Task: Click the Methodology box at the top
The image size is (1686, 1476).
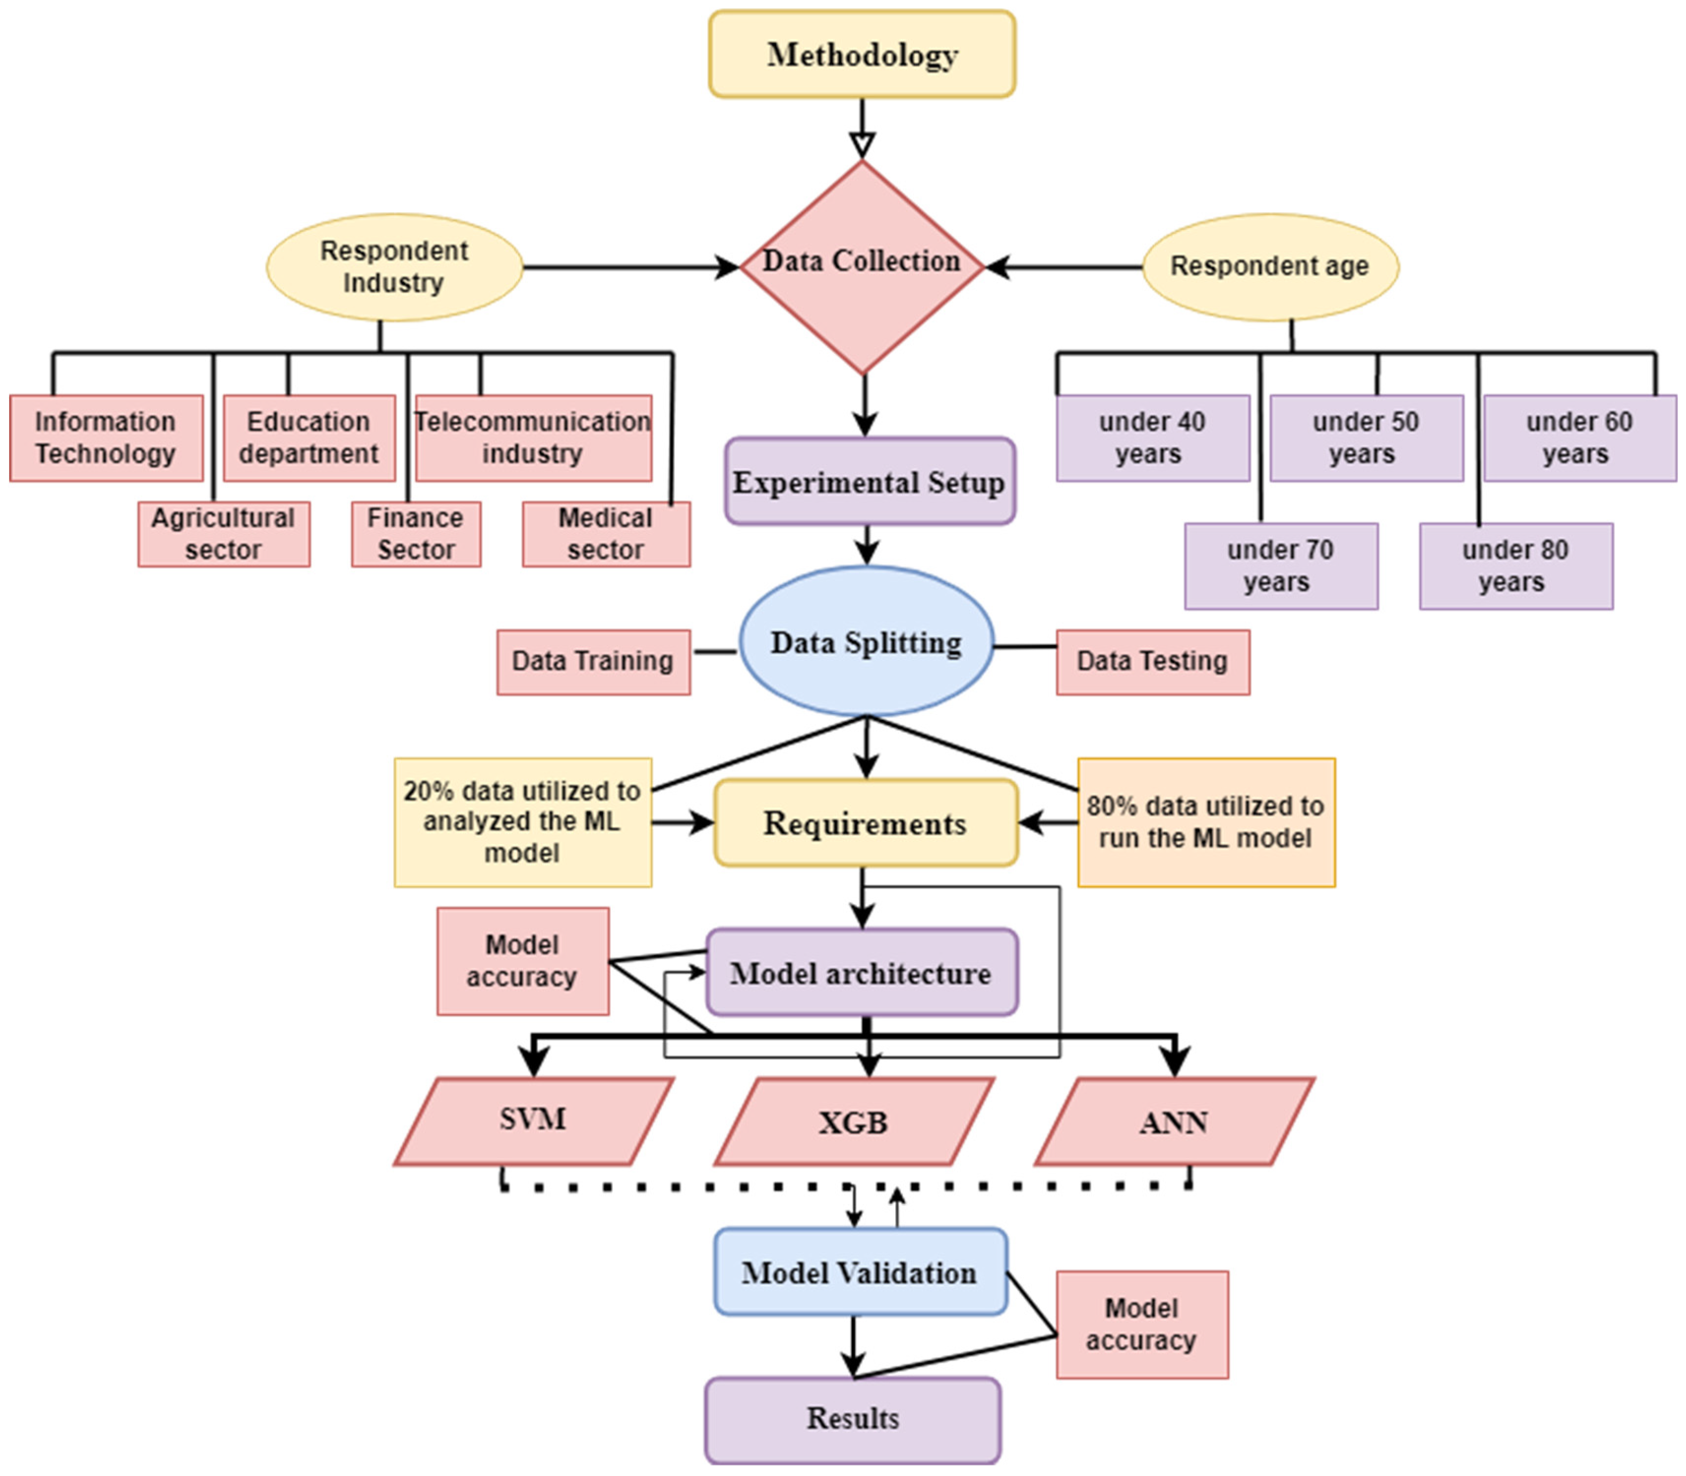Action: click(x=862, y=54)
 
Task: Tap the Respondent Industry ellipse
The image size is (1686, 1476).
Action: click(x=394, y=267)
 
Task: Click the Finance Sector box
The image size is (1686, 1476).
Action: click(x=416, y=534)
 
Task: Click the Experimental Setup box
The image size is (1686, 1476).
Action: click(x=869, y=482)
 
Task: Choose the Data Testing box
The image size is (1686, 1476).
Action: click(x=1152, y=661)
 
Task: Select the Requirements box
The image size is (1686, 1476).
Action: click(x=865, y=823)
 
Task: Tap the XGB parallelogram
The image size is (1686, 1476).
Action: click(x=853, y=1122)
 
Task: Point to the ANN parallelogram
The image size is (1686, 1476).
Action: click(x=1174, y=1122)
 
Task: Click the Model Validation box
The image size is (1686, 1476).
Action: click(x=859, y=1272)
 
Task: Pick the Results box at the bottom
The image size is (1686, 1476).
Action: click(x=852, y=1418)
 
